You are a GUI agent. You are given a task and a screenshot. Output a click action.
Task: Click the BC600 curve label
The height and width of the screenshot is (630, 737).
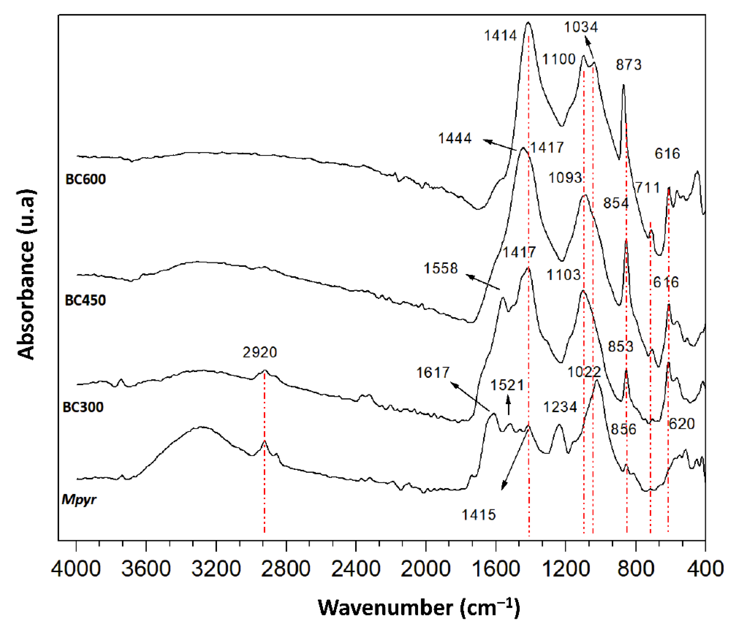pos(86,179)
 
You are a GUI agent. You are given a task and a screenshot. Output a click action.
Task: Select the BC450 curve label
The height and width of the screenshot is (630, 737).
pos(85,301)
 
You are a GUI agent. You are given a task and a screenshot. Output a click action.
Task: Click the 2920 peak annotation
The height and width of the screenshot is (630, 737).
pos(260,352)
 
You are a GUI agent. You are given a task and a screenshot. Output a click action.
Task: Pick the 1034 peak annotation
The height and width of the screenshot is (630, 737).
pos(581,27)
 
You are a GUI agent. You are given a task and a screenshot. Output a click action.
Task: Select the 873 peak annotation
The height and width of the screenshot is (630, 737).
pos(629,65)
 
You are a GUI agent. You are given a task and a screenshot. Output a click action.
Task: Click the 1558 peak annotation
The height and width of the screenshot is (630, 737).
pos(441,268)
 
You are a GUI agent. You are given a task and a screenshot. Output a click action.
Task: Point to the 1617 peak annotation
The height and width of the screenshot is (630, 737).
pos(433,372)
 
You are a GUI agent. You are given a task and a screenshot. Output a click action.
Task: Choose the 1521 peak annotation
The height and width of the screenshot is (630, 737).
pos(507,385)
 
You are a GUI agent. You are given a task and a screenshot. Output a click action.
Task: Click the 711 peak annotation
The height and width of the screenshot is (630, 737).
pos(648,187)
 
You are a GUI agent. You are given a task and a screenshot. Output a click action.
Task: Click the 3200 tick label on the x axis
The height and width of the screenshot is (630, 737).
pos(216,568)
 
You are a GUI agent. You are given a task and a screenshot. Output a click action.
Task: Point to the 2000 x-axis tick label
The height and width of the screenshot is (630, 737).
pos(425,568)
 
